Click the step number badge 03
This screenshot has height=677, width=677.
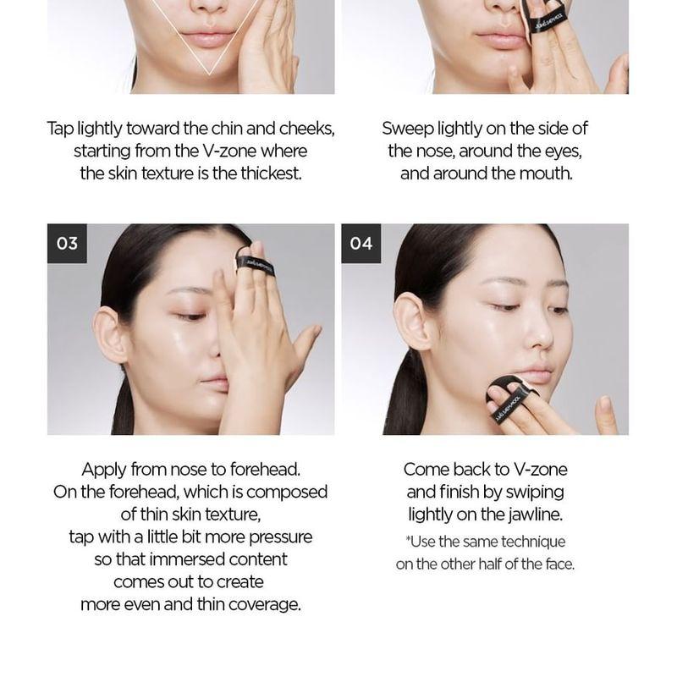click(x=67, y=244)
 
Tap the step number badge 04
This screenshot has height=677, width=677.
click(x=361, y=244)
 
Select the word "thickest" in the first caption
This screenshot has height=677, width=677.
click(x=270, y=173)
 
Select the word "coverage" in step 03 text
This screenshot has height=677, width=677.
click(x=261, y=604)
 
